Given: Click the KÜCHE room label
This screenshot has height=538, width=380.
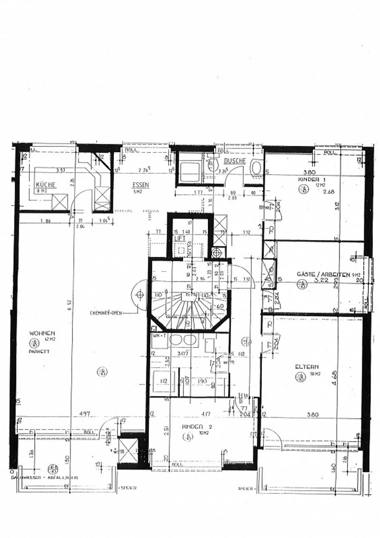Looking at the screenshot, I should coord(46,184).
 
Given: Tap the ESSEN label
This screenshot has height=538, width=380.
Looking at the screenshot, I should coord(141,185).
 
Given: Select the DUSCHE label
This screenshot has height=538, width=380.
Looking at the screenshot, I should coord(235,161).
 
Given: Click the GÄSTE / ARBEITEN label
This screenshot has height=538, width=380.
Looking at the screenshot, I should coord(323,274).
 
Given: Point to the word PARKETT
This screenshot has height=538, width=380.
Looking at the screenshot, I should coord(40,351).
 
